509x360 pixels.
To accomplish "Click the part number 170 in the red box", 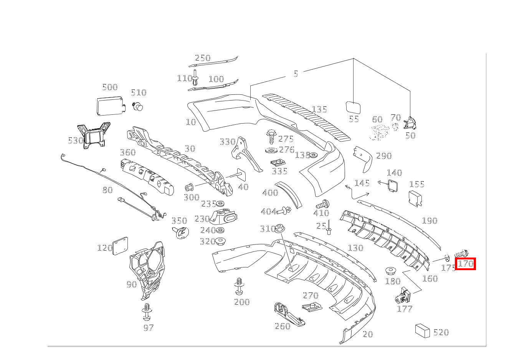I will click(466, 264).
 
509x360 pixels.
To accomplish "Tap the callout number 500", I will click(110, 87).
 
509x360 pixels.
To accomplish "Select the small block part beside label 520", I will click(423, 330).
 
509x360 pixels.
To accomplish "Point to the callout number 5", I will click(296, 74).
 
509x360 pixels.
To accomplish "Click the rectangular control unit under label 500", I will click(111, 106).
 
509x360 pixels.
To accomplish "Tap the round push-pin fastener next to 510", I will click(137, 106).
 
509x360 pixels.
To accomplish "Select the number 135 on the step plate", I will click(319, 109).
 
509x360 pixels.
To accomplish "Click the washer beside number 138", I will click(313, 155).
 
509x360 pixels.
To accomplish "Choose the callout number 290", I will click(383, 155).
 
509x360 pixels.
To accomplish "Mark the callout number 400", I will click(270, 192).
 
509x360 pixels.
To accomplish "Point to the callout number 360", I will click(127, 152).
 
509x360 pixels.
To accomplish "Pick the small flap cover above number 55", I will click(353, 107).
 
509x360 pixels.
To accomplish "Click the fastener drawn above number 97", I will click(147, 312).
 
